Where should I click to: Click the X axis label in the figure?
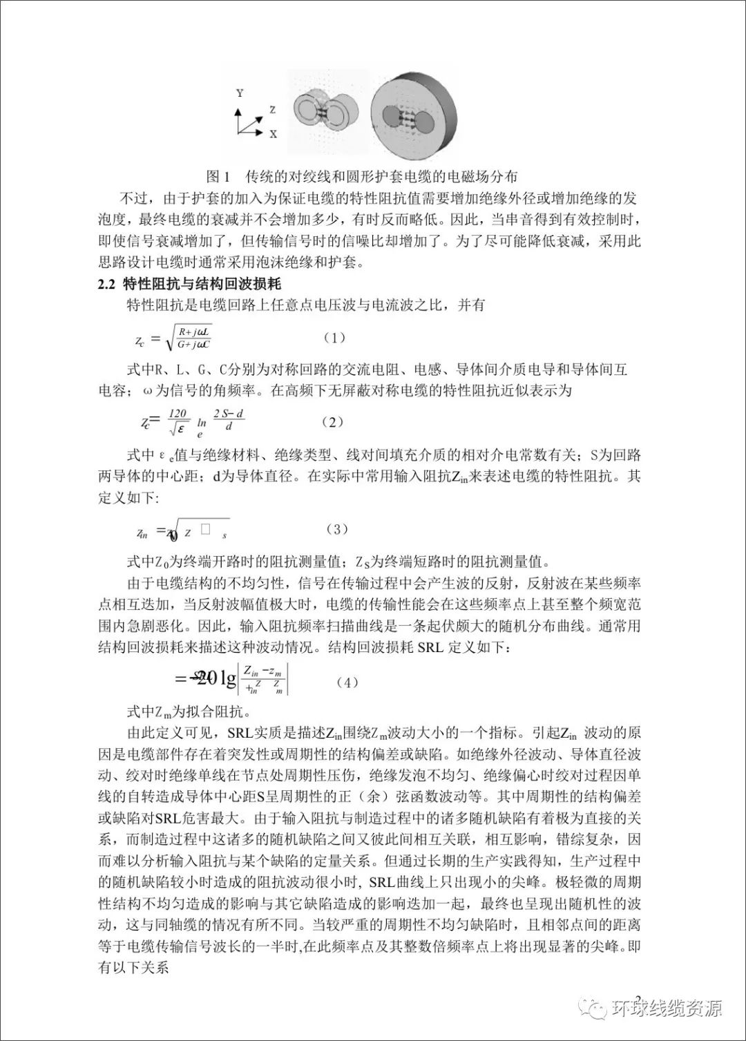coord(274,134)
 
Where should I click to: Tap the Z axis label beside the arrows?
coord(273,110)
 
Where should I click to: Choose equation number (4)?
coord(347,682)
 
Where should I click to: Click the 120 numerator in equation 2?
coord(178,414)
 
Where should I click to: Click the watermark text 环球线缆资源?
coord(667,1009)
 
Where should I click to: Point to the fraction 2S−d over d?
coord(229,420)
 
